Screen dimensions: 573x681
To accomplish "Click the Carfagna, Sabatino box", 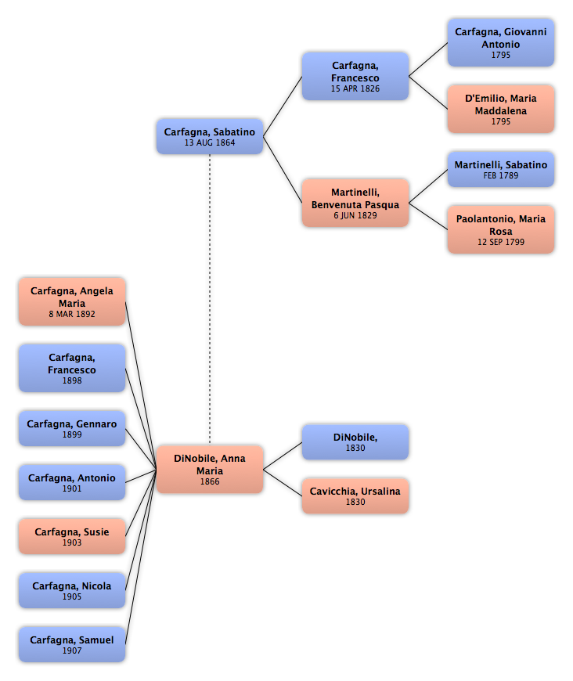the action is coord(210,136).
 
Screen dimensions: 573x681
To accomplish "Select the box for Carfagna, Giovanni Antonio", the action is coord(501,42).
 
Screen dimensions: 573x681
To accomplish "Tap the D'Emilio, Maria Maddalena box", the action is coord(501,109).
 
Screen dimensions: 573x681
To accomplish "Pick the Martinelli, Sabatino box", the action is coord(501,169).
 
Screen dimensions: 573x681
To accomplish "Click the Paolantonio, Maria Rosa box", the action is coord(501,229).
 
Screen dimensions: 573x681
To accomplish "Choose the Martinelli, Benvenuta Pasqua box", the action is coord(355,203).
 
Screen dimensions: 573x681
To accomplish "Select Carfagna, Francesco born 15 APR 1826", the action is coord(355,77).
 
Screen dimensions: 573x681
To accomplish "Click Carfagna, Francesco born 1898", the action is coord(72,369).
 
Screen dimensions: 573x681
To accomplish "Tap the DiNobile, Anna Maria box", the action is coord(210,469).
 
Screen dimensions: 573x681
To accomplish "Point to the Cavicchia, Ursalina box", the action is coord(355,496).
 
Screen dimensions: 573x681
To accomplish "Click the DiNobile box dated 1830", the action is coord(355,442).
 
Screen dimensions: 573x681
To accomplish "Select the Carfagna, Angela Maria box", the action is coord(72,302).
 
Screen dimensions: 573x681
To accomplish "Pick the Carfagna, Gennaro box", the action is coord(72,428).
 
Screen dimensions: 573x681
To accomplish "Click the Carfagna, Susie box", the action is coord(72,536).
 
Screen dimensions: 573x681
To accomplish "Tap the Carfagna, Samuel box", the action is coord(72,644).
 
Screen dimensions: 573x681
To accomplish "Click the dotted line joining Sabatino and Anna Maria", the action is coord(210,299).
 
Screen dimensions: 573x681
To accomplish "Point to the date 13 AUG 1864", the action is coord(210,142).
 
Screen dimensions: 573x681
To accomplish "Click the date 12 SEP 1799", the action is coord(501,242).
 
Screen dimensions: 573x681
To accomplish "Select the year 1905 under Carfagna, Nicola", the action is coord(72,596).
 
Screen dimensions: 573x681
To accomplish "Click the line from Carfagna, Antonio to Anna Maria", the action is coord(141,476).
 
